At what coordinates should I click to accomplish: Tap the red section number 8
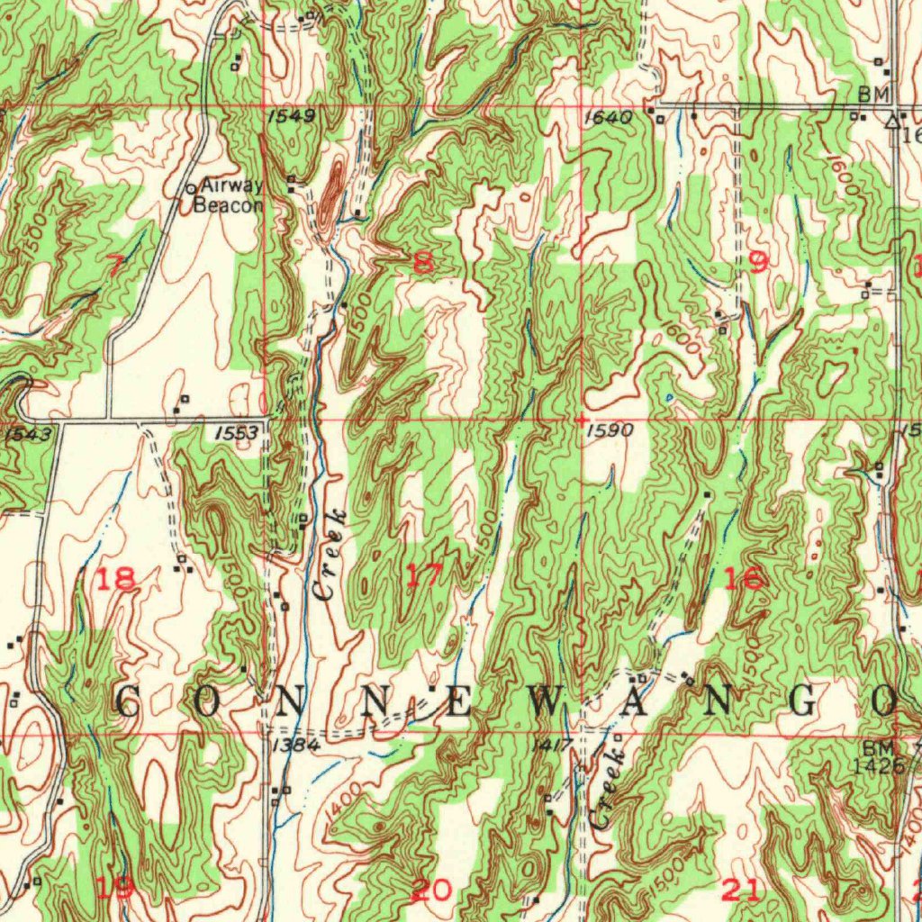423,262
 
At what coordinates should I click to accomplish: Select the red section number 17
424,574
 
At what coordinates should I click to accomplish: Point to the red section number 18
117,579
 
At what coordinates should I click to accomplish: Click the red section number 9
758,262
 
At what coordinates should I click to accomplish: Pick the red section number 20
430,890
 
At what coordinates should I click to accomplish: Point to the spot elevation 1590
609,431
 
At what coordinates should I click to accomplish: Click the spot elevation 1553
238,433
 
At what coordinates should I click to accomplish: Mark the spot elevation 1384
294,746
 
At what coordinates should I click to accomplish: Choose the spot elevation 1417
552,746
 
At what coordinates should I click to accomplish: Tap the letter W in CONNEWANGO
547,701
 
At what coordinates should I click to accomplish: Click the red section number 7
115,264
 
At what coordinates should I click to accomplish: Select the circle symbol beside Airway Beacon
191,188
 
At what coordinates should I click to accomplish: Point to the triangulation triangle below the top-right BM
892,120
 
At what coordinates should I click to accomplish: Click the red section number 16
744,579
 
